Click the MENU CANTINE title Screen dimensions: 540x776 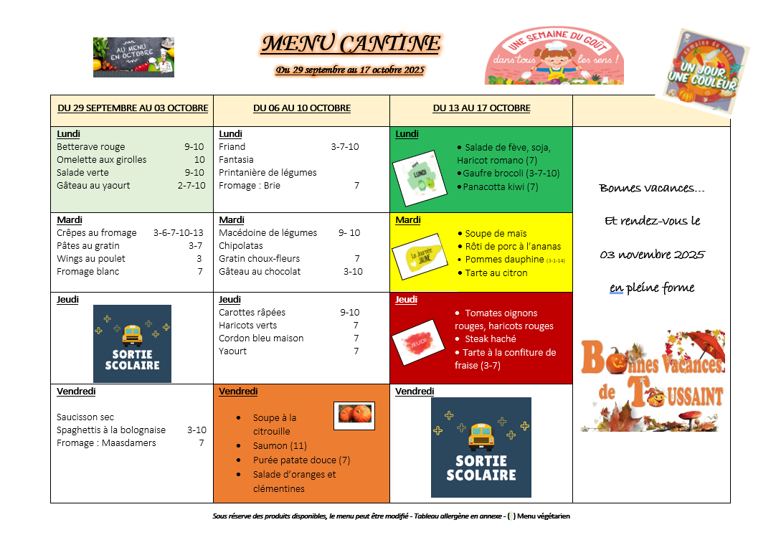pos(351,44)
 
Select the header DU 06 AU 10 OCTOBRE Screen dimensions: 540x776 pos(302,108)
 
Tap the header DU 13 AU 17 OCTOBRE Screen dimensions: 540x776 pos(481,108)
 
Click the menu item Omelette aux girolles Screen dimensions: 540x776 pos(101,160)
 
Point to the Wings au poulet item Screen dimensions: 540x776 pos(91,259)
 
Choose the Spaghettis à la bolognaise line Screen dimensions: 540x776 pos(111,430)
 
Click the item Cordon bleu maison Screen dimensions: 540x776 pos(261,338)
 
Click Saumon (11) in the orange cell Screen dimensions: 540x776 pos(280,446)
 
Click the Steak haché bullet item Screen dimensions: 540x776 pos(490,339)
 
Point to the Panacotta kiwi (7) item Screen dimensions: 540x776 pos(500,187)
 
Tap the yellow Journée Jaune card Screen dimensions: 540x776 pos(415,256)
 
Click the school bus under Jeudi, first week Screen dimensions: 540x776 pos(132,334)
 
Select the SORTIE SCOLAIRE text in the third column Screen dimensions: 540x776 pos(481,468)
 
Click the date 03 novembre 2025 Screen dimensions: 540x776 pos(652,255)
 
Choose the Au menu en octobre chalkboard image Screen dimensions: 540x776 pos(133,57)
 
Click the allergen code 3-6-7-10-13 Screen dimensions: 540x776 pos(178,233)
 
